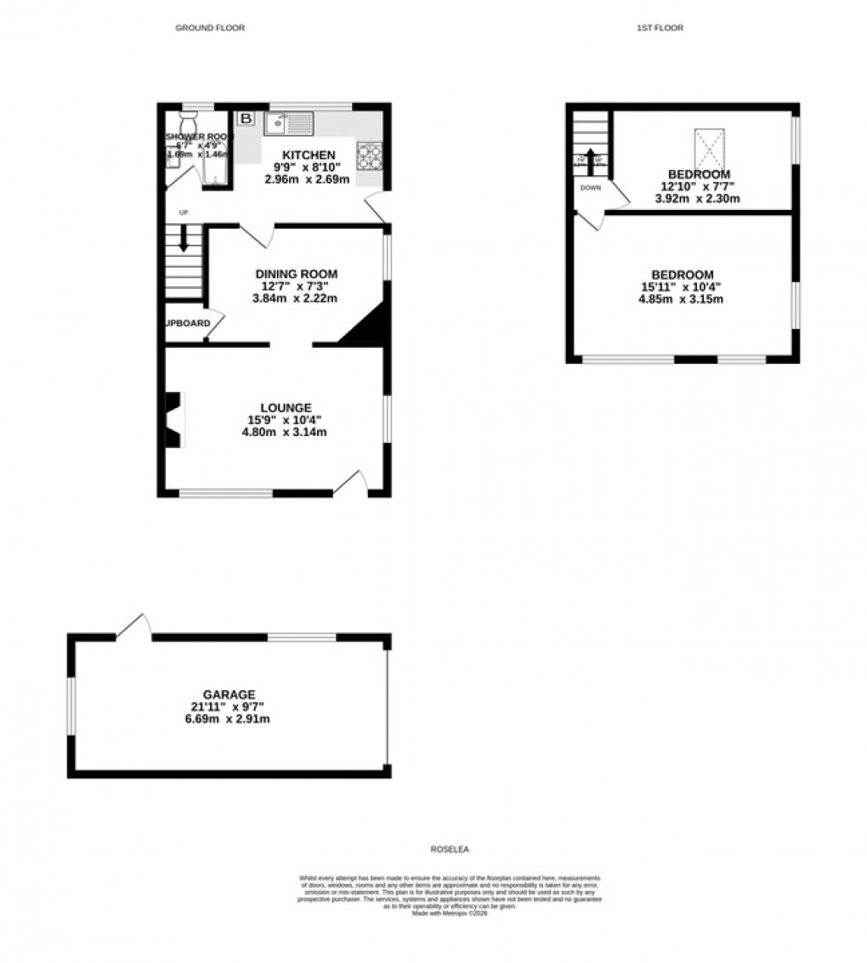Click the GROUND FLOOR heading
pyautogui.click(x=210, y=28)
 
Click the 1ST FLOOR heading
pyautogui.click(x=660, y=28)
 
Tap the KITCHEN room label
pyautogui.click(x=306, y=155)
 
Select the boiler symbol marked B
pyautogui.click(x=246, y=118)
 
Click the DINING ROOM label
pyautogui.click(x=296, y=274)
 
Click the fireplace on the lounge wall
pyautogui.click(x=174, y=419)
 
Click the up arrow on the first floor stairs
pyautogui.click(x=591, y=159)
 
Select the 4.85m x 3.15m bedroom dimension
pyautogui.click(x=682, y=299)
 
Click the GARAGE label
pyautogui.click(x=229, y=694)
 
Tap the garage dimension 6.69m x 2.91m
pyautogui.click(x=229, y=719)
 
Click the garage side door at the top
pyautogui.click(x=134, y=626)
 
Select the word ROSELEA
pyautogui.click(x=450, y=849)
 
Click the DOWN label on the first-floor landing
pyautogui.click(x=591, y=188)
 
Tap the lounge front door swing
pyautogui.click(x=352, y=482)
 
